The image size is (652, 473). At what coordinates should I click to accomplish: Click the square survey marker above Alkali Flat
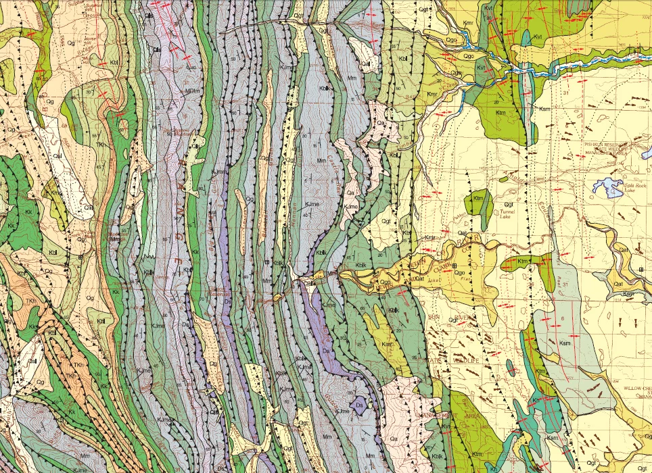coord(455,265)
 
